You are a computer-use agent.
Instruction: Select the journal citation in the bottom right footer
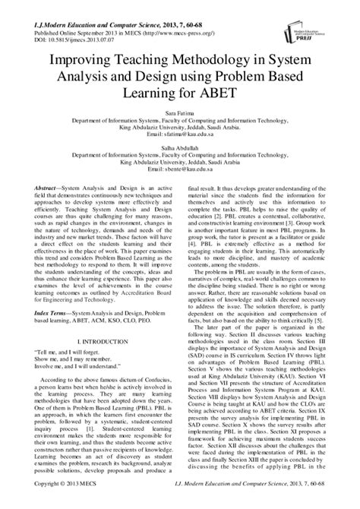272,502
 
